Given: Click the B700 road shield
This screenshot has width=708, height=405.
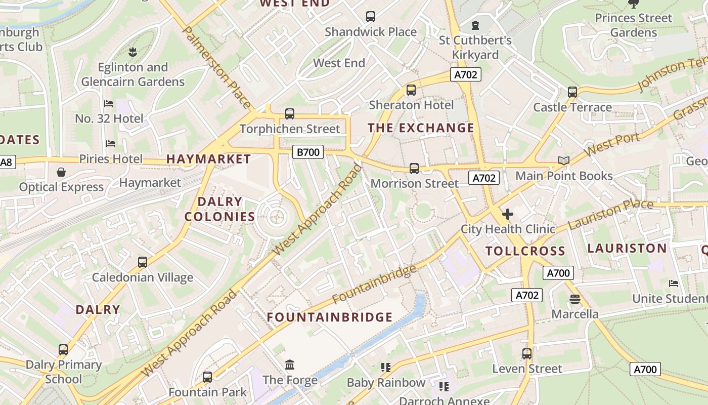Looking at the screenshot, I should pyautogui.click(x=307, y=151).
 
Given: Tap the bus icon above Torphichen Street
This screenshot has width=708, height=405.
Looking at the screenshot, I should pyautogui.click(x=290, y=114).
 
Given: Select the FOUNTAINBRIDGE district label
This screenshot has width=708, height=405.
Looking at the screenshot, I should pyautogui.click(x=330, y=317).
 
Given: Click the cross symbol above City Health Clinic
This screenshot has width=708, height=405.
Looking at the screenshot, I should pyautogui.click(x=507, y=214).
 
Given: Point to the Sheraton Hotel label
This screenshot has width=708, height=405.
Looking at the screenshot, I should pyautogui.click(x=411, y=105).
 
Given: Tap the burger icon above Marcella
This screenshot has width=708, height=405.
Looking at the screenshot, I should pyautogui.click(x=574, y=299).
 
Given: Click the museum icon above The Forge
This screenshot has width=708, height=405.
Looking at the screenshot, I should pyautogui.click(x=290, y=364).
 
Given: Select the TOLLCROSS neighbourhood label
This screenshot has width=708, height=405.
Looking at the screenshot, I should pyautogui.click(x=525, y=251).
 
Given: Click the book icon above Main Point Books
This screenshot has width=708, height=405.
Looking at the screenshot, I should pyautogui.click(x=563, y=161).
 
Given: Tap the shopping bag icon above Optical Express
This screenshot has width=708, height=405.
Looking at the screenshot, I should pyautogui.click(x=61, y=172).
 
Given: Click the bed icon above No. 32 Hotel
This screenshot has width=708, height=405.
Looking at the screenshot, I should pyautogui.click(x=109, y=104).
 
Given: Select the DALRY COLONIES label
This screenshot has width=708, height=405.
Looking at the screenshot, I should pyautogui.click(x=219, y=209).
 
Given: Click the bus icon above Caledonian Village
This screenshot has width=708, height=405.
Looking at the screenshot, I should pyautogui.click(x=143, y=262).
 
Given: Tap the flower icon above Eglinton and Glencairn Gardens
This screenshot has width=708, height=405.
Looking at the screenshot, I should pyautogui.click(x=132, y=52).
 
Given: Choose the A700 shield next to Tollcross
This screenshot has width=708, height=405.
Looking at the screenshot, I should pyautogui.click(x=558, y=273).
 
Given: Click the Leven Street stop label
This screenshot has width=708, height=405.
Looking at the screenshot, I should pyautogui.click(x=527, y=369).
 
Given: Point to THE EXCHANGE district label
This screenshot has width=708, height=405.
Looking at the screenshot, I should pyautogui.click(x=421, y=128).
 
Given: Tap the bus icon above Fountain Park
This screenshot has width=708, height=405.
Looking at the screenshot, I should pyautogui.click(x=207, y=377).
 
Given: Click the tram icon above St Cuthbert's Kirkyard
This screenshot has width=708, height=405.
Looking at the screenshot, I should pyautogui.click(x=475, y=25).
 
